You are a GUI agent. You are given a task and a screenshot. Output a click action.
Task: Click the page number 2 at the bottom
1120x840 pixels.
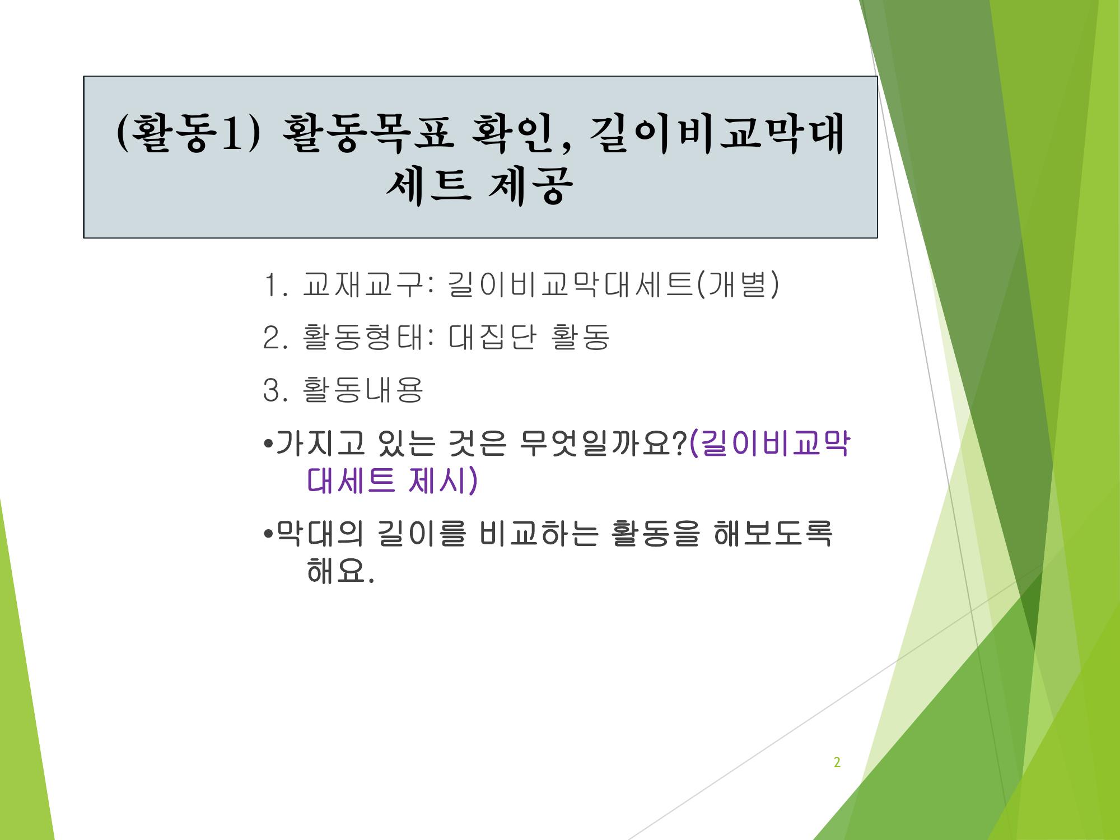pos(837,762)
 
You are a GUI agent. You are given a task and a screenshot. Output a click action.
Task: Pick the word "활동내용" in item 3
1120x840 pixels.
pos(362,389)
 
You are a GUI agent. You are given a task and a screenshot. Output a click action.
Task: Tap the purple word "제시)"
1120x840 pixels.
pos(443,480)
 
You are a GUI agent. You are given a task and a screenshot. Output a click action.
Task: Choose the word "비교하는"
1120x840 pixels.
pos(536,533)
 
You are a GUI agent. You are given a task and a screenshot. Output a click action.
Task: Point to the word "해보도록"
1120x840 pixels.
pos(773,533)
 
